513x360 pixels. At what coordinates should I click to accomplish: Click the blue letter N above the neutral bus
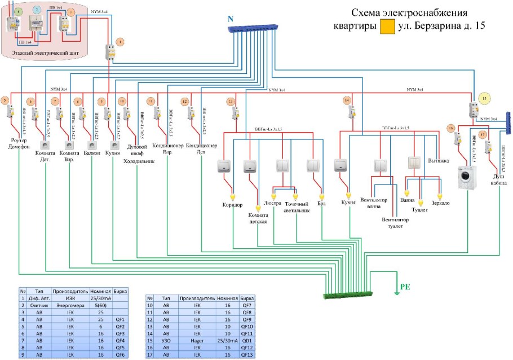(x=230, y=19)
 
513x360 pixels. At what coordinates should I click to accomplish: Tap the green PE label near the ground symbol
(x=405, y=287)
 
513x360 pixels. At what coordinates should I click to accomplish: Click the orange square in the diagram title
(x=387, y=26)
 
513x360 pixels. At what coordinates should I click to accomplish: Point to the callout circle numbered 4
(x=119, y=42)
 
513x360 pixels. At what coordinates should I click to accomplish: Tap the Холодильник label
(x=139, y=160)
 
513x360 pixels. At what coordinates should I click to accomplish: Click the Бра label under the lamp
(x=321, y=203)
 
